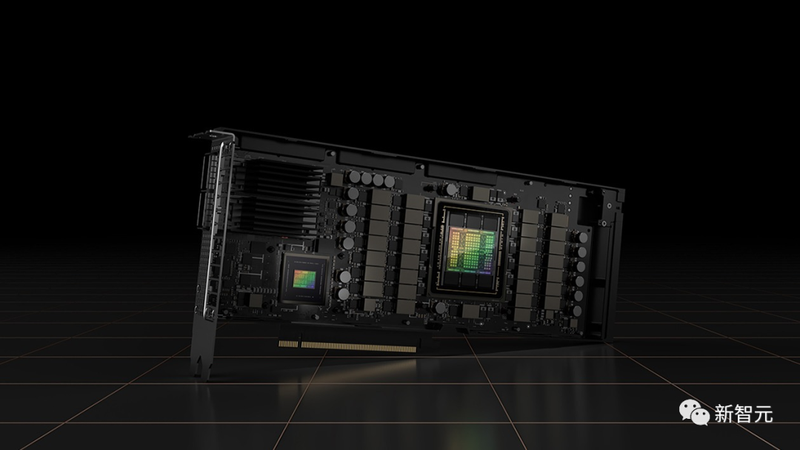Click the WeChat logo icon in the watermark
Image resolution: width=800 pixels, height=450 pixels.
[694, 412]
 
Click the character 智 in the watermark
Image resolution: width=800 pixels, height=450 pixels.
[744, 413]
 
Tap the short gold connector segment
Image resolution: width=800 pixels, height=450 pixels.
[288, 344]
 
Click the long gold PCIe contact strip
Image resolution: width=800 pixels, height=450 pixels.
[359, 347]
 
